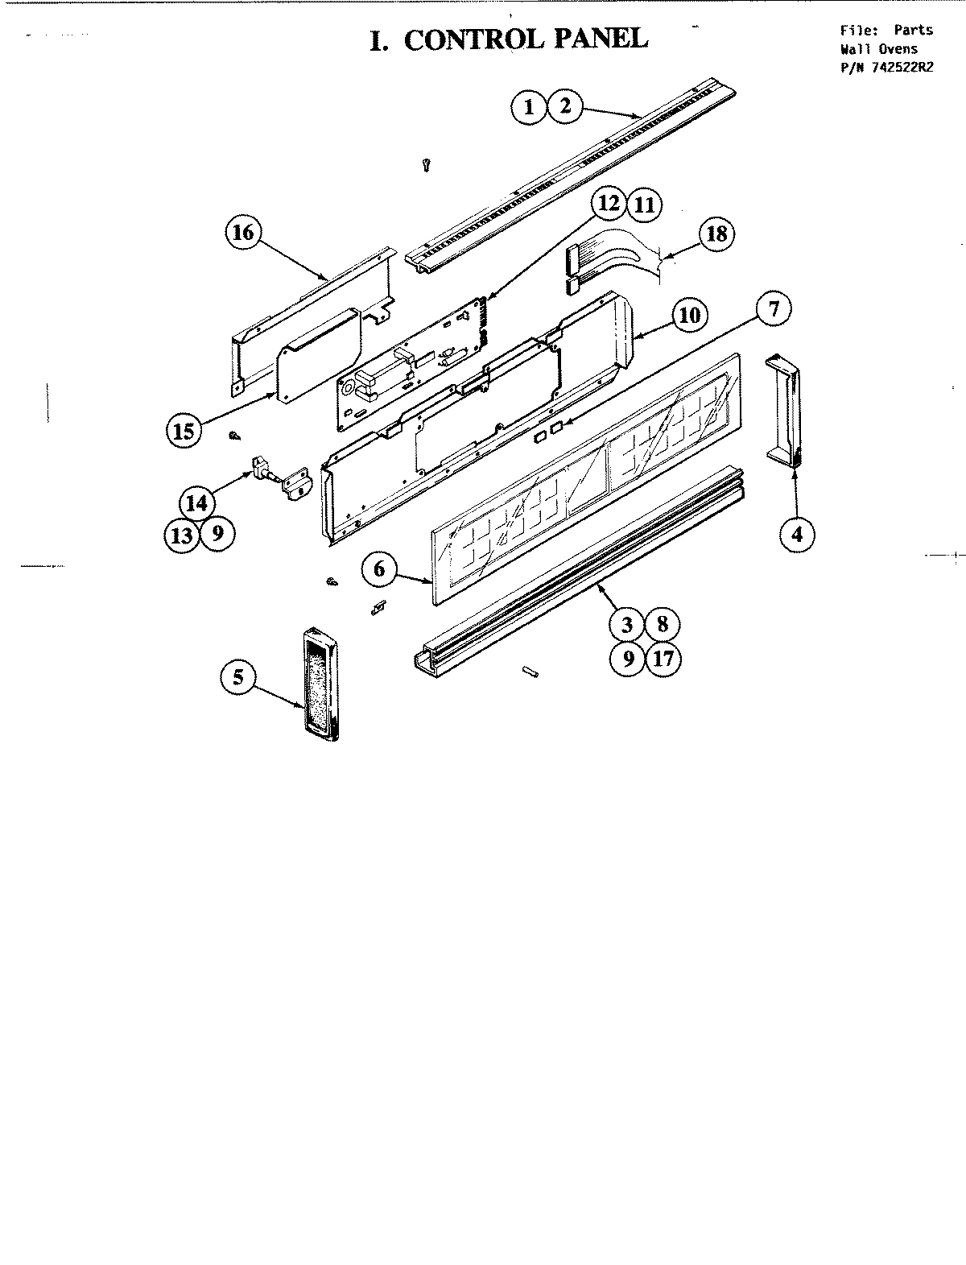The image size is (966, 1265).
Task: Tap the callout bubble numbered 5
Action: click(x=238, y=676)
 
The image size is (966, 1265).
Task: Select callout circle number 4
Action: click(x=796, y=534)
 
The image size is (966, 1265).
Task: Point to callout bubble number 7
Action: click(x=773, y=310)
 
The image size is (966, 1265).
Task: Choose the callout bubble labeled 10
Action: click(x=689, y=314)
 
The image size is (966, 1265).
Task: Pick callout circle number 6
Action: click(x=380, y=569)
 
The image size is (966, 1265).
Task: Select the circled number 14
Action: click(x=196, y=504)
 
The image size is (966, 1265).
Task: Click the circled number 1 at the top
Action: click(x=529, y=106)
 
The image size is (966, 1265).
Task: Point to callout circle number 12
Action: click(x=610, y=203)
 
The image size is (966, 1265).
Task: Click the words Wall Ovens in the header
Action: click(x=878, y=49)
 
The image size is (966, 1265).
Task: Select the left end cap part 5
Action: click(x=321, y=683)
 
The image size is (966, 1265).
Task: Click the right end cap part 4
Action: click(x=786, y=411)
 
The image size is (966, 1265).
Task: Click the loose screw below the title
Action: click(x=427, y=165)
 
